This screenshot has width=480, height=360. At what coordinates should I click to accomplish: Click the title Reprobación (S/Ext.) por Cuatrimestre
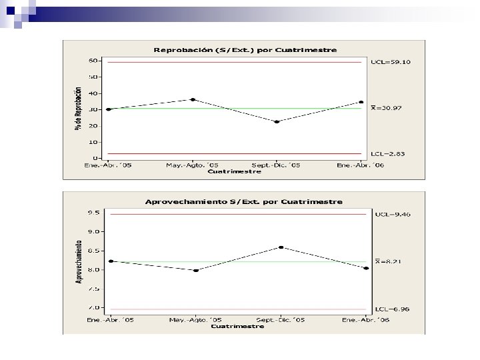(245, 50)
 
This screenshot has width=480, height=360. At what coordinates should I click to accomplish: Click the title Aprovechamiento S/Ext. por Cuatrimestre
(244, 201)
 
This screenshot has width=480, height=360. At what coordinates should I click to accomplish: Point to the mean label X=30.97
(387, 108)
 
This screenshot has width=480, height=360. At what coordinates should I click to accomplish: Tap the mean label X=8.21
(389, 261)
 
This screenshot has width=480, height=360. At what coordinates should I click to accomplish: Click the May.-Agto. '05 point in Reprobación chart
(193, 99)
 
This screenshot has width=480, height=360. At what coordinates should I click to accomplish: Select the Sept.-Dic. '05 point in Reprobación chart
(277, 122)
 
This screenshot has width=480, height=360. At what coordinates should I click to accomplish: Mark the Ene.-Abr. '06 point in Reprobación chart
(361, 102)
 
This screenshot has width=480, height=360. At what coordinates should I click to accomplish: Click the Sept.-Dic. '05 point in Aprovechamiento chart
(281, 247)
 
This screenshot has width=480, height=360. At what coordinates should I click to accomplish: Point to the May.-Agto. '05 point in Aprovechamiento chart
(196, 270)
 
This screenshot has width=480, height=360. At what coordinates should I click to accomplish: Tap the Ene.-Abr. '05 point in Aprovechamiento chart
(111, 261)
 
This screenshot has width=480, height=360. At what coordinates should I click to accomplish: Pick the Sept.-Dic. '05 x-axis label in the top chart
(277, 165)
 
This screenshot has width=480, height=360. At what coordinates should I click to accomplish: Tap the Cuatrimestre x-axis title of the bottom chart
(238, 327)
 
